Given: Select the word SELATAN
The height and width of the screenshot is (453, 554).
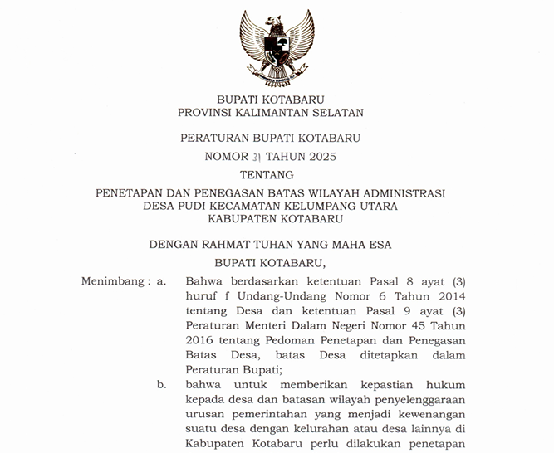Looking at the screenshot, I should point(336,112).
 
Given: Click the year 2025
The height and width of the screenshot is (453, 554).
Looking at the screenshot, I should point(321,156).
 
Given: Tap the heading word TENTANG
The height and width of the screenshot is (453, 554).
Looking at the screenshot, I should point(277,174).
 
